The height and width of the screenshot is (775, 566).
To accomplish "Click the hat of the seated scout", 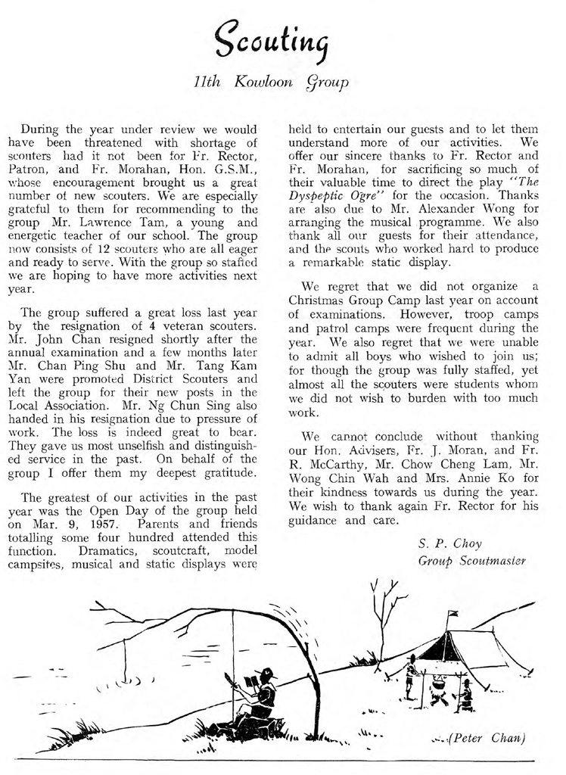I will click(266, 672).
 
